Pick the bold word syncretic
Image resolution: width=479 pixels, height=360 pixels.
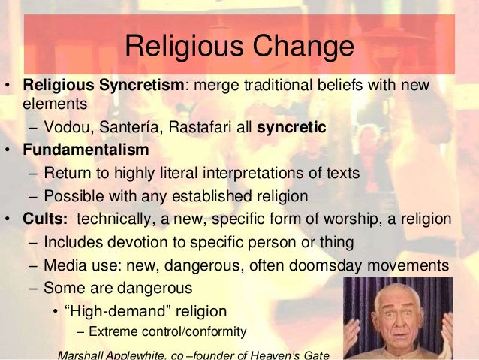[x=291, y=127]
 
